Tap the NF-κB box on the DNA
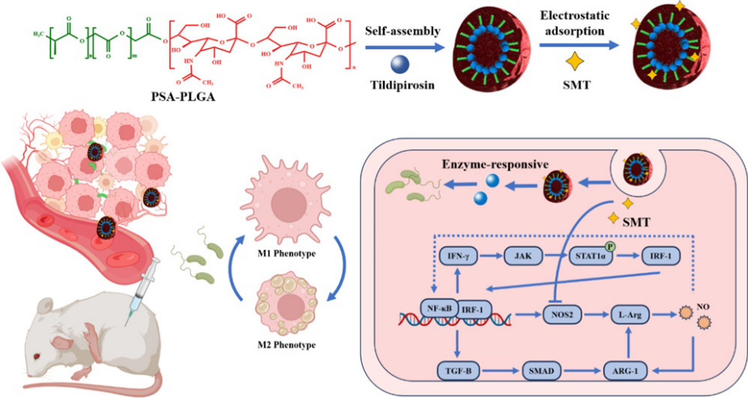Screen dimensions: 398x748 pos(438,308)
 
